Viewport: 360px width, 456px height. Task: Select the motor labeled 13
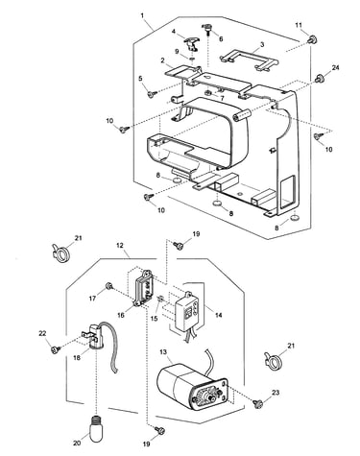pyautogui.click(x=192, y=386)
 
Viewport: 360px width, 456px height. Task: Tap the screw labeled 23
pyautogui.click(x=257, y=403)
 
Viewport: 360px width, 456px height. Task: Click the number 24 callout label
pyautogui.click(x=335, y=67)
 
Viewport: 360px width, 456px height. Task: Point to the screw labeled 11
pyautogui.click(x=312, y=40)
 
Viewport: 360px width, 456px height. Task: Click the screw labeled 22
pyautogui.click(x=56, y=349)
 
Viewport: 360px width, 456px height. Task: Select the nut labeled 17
pyautogui.click(x=109, y=286)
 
